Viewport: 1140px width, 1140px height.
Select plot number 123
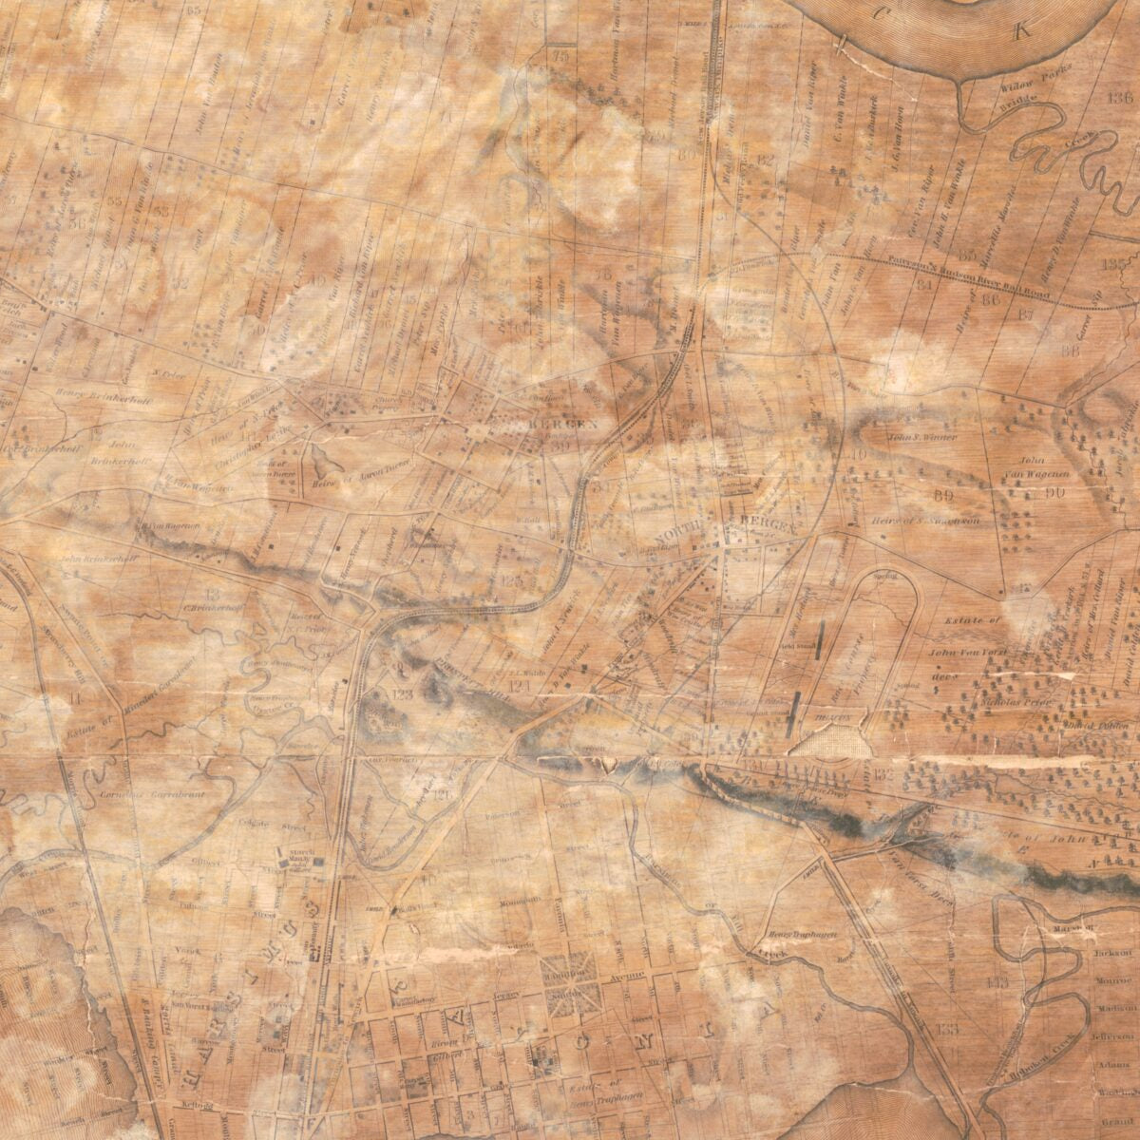click(x=403, y=695)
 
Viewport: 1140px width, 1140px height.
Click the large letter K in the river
click(x=1022, y=31)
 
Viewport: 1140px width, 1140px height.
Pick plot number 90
click(x=1052, y=492)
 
